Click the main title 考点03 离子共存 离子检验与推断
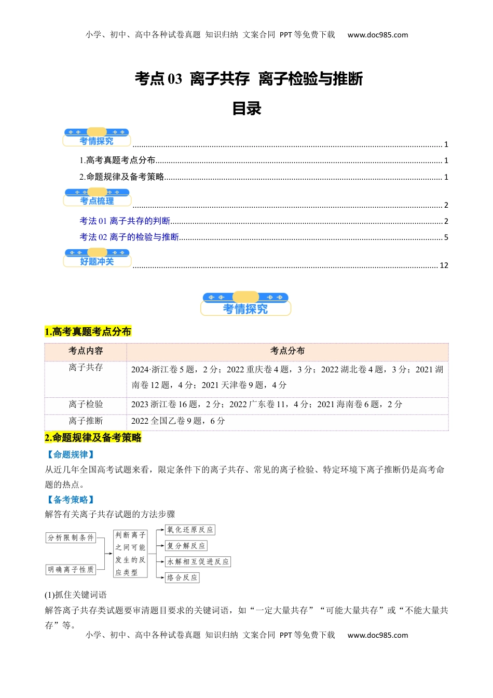click(x=249, y=79)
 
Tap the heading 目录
click(x=246, y=109)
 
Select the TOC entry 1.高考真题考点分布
click(x=118, y=160)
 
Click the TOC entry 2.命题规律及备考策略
click(x=122, y=177)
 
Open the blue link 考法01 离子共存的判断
click(x=125, y=221)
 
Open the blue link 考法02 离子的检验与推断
click(x=129, y=237)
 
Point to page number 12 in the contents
click(x=444, y=265)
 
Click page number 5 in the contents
click(x=446, y=237)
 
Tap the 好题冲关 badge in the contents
click(x=97, y=259)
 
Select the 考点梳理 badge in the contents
click(x=97, y=198)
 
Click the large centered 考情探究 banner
click(x=245, y=305)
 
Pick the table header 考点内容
click(x=86, y=351)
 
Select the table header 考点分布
click(x=287, y=351)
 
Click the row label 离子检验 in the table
click(x=86, y=404)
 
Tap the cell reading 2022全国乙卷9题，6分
click(x=178, y=421)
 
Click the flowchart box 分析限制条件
click(x=71, y=538)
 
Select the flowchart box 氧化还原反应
click(x=190, y=530)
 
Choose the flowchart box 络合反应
click(x=182, y=578)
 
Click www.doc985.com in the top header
click(x=377, y=35)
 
